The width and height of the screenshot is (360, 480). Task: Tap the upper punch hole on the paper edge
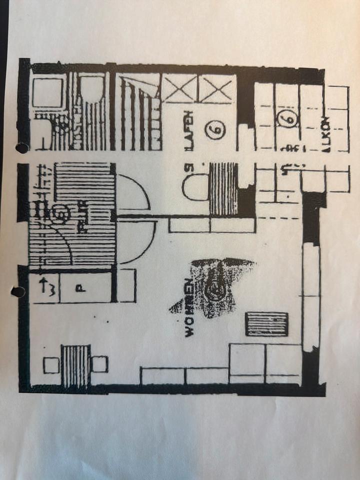tap(22, 148)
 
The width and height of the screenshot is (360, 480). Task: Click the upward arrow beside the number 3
tap(43, 286)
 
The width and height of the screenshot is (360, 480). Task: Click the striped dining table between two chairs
tap(75, 365)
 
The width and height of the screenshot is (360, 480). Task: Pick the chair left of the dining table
tap(51, 364)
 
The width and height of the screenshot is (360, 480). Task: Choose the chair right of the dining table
tap(99, 364)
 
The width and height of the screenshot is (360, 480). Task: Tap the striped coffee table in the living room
tap(267, 324)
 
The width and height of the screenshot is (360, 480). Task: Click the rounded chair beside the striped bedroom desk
tap(195, 186)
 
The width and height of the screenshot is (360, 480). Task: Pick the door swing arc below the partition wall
tap(137, 242)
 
